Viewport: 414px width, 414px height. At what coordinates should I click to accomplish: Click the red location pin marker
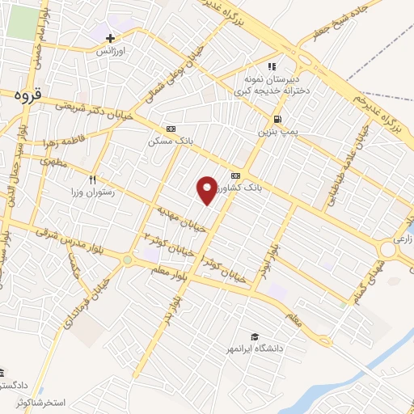coord(208,189)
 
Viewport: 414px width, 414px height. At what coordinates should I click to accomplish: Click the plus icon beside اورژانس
coord(110,38)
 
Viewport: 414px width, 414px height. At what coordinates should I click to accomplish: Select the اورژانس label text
coord(112,51)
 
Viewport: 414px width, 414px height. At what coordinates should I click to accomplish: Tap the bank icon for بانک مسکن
coord(170,129)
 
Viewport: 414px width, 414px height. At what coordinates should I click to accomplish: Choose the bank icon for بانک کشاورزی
coord(235,175)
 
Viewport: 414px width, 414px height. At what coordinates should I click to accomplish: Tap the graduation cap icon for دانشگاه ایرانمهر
coord(255,336)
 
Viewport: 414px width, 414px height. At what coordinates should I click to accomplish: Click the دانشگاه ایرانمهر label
coord(255,349)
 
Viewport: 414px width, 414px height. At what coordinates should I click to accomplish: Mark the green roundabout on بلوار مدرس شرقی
coord(128,259)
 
